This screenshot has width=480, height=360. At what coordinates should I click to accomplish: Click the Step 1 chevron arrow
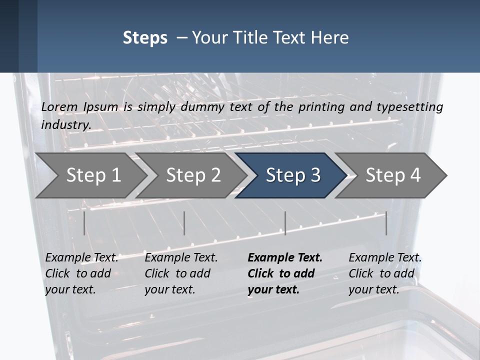(x=92, y=175)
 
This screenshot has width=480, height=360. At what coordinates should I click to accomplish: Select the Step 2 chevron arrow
(x=192, y=175)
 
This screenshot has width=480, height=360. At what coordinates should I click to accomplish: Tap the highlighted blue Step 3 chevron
(x=292, y=175)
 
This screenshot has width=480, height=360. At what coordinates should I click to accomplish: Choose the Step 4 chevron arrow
(x=392, y=175)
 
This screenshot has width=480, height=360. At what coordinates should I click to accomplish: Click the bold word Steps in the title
(x=145, y=38)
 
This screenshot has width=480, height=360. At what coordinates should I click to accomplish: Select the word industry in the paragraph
(x=65, y=125)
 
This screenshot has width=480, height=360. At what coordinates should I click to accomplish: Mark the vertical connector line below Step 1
(x=84, y=223)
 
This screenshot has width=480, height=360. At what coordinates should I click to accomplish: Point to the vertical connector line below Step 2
(x=184, y=223)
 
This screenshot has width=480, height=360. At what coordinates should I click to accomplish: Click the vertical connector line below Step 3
(x=285, y=223)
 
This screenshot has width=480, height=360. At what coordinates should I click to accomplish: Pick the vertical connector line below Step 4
(x=386, y=223)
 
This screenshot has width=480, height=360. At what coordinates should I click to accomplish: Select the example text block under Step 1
(x=81, y=273)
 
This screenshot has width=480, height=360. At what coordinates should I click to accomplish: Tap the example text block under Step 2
(x=181, y=273)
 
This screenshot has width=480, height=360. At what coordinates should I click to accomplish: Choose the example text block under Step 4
(x=385, y=273)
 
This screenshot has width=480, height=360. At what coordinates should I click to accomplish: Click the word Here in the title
(x=331, y=38)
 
